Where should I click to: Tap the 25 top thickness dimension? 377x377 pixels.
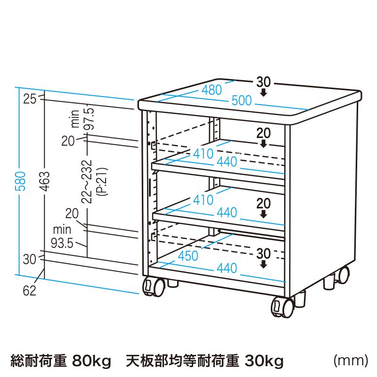[x=30, y=99]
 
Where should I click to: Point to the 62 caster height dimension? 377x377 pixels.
[x=29, y=291]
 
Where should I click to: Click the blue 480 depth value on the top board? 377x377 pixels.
[x=212, y=90]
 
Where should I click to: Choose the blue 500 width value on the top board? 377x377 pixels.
[x=241, y=101]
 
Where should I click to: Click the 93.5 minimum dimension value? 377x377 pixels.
[x=61, y=244]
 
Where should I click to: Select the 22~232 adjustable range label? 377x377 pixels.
[x=86, y=181]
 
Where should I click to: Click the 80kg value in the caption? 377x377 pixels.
[x=91, y=361]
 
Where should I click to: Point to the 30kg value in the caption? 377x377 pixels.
[x=264, y=361]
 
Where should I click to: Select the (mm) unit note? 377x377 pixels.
[x=350, y=361]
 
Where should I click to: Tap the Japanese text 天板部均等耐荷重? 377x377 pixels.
[x=182, y=361]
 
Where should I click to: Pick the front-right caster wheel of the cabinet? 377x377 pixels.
[x=282, y=307]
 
